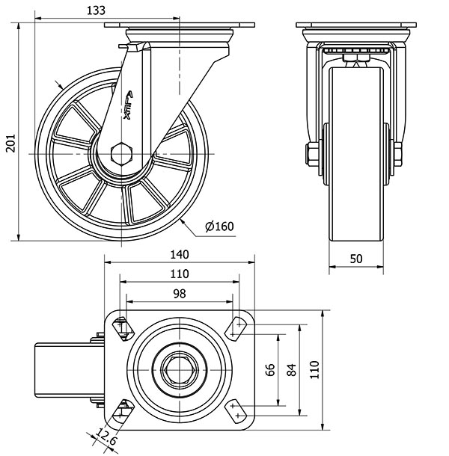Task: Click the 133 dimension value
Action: coord(95,10)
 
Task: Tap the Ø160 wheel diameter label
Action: coord(219,226)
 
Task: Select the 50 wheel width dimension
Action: coord(355,258)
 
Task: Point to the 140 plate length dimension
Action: coord(179,255)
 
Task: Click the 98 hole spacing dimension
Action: coord(180,293)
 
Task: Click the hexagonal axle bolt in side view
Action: coord(120,153)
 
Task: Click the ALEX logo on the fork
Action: coord(128,105)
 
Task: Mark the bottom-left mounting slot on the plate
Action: coord(120,410)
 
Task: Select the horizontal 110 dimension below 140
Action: coord(180,274)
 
